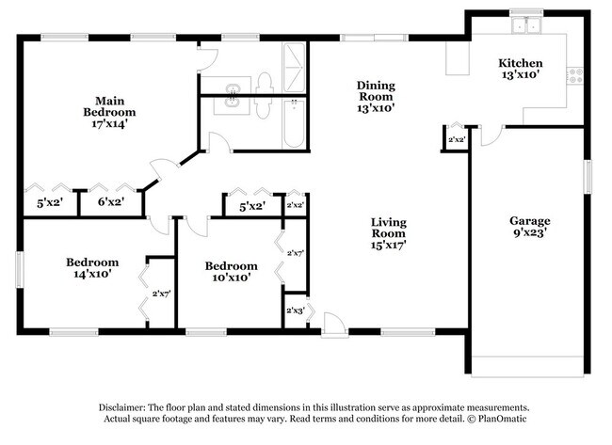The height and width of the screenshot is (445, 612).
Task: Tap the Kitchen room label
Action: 520,70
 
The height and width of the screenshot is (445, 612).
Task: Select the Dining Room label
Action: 375,96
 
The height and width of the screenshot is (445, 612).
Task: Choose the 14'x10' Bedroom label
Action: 91,268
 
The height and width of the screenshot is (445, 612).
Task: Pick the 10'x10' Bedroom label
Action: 231,272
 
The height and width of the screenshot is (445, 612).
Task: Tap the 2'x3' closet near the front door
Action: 295,310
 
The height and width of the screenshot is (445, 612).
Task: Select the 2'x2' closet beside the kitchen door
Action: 457,140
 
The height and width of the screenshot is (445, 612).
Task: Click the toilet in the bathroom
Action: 266,86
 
